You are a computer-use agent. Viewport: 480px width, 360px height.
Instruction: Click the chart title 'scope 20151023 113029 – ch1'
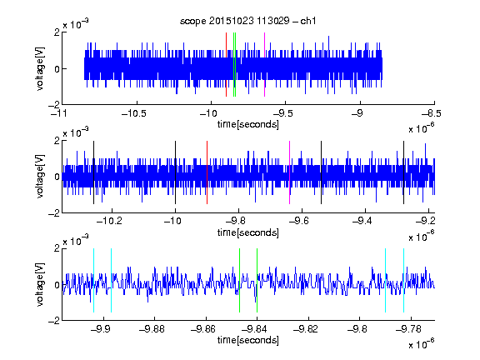point(248,21)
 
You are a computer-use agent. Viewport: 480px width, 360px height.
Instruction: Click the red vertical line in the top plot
point(226,65)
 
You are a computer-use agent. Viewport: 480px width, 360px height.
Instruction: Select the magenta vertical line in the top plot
point(264,65)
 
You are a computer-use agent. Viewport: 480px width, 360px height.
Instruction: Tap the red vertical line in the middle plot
point(207,172)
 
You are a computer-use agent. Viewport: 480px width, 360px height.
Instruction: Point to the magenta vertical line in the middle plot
point(290,172)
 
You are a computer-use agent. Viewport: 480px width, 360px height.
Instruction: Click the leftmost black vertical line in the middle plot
point(93,172)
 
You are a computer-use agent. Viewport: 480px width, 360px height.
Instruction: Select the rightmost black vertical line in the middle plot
point(404,172)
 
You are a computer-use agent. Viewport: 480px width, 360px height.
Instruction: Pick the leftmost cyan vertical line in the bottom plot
point(93,280)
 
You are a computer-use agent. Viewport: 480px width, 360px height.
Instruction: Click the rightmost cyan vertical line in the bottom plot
point(404,280)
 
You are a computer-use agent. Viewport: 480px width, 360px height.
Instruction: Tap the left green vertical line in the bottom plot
point(239,280)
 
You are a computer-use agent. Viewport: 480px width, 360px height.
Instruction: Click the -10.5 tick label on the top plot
point(134,113)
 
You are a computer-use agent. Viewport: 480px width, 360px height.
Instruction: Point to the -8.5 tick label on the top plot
point(431,113)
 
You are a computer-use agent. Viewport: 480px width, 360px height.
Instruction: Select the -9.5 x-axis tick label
point(282,113)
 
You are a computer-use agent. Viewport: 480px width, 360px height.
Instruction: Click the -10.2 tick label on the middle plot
point(109,221)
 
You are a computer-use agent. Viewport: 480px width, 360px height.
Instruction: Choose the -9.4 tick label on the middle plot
point(362,221)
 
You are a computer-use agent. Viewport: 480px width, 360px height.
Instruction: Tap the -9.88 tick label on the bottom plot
point(152,329)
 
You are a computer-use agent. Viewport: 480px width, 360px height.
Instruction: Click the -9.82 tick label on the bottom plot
point(306,329)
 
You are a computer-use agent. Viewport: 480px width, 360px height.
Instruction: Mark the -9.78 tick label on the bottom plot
point(408,329)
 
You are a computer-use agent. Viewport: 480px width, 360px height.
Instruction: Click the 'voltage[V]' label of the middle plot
point(40,177)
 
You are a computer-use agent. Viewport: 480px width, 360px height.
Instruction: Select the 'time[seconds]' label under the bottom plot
point(248,340)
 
